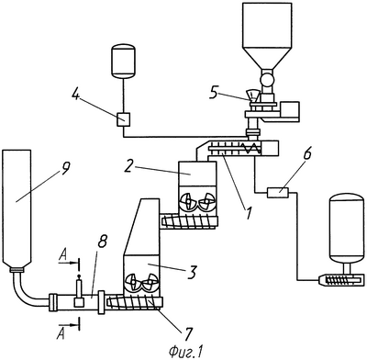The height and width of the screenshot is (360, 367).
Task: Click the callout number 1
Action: (x=249, y=213)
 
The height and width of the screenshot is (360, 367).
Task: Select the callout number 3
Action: (x=191, y=273)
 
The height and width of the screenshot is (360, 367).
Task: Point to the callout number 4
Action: (x=76, y=95)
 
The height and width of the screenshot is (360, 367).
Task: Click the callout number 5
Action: (x=215, y=93)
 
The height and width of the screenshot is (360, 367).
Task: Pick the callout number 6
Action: (x=306, y=153)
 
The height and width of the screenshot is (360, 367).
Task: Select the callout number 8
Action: (x=102, y=242)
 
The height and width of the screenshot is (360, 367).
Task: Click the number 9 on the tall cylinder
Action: (x=65, y=168)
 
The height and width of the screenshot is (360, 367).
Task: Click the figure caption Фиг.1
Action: (x=185, y=351)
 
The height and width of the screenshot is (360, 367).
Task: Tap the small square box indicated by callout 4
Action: (x=124, y=119)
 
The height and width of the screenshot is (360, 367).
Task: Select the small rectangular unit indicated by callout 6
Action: (x=278, y=193)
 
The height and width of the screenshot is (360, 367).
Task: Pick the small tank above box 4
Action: (x=123, y=61)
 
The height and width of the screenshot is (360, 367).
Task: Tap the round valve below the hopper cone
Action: (x=267, y=80)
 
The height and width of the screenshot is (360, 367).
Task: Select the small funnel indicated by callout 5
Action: (x=253, y=96)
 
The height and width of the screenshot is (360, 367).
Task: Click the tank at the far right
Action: (x=347, y=229)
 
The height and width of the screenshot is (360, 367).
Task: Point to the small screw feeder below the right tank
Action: (x=340, y=279)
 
